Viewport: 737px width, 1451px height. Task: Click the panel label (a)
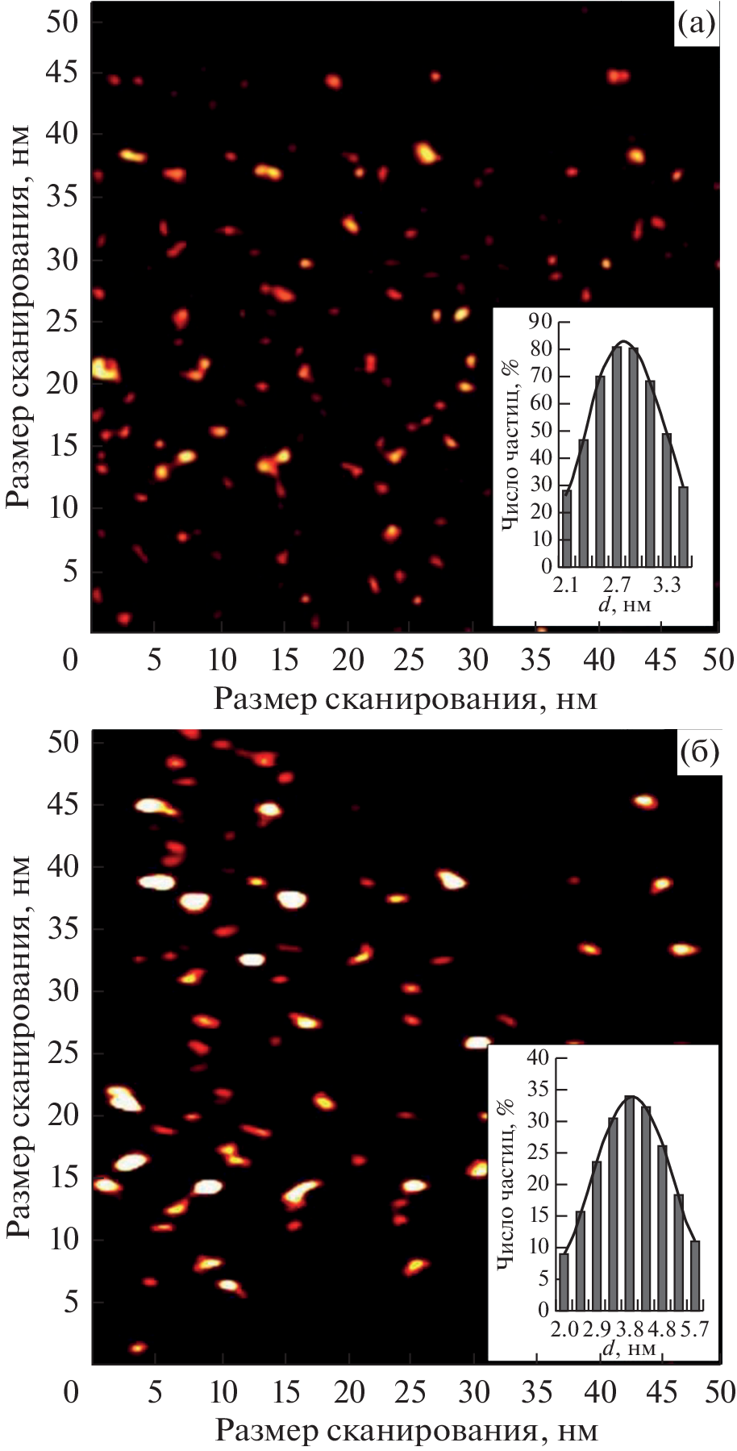[x=695, y=25]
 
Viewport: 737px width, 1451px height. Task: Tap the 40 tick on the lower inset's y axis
[x=538, y=1058]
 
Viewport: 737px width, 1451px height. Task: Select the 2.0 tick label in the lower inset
[x=566, y=1328]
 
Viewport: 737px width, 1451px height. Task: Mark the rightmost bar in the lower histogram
[x=695, y=1274]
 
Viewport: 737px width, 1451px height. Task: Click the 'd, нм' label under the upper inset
[x=624, y=604]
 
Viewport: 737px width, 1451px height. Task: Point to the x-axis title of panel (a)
[x=405, y=698]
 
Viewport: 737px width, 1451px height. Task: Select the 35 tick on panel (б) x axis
[x=535, y=1391]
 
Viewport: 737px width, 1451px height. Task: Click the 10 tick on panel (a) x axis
[x=222, y=661]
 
